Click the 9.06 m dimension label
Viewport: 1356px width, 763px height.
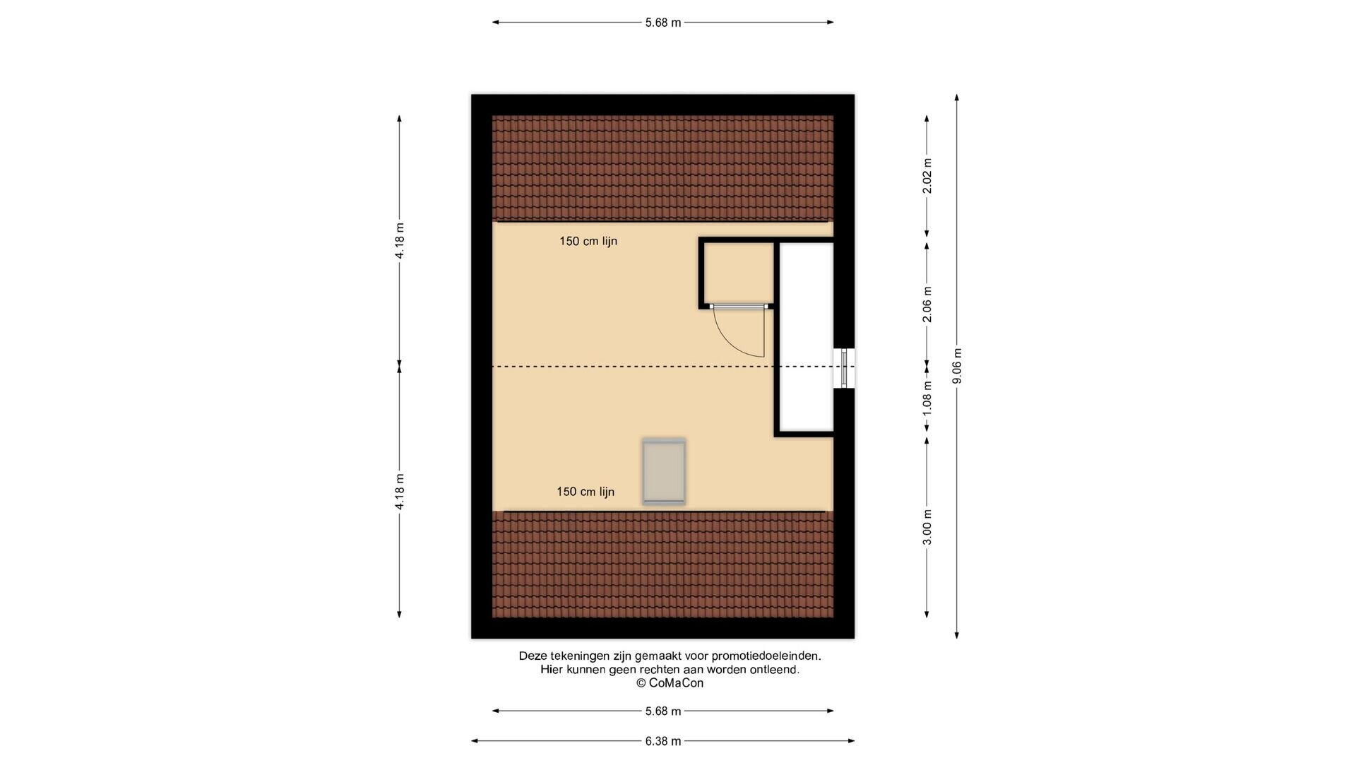[x=957, y=366]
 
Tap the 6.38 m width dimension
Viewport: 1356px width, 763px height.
[x=663, y=741]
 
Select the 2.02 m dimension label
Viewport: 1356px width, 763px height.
[x=927, y=176]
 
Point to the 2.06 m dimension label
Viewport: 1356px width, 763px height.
[x=927, y=304]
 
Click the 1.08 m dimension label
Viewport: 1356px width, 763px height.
[x=927, y=398]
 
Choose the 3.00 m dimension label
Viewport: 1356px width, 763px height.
[x=927, y=527]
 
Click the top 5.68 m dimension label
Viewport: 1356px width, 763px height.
[x=663, y=23]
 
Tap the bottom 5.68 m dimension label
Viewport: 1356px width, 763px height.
[x=663, y=711]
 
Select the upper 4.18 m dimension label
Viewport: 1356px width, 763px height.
[x=400, y=241]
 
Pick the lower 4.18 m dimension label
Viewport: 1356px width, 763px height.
[x=400, y=491]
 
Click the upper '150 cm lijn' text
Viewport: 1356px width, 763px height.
[x=588, y=241]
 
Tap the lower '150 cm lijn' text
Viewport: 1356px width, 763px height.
[x=585, y=492]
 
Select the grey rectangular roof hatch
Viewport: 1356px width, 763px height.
[x=664, y=471]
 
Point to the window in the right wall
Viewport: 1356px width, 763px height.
[x=844, y=368]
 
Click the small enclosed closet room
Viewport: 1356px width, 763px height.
[x=737, y=273]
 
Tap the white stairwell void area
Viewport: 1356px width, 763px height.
[x=805, y=337]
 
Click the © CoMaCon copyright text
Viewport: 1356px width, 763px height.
[x=670, y=683]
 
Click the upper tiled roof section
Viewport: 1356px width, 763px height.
[x=662, y=168]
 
